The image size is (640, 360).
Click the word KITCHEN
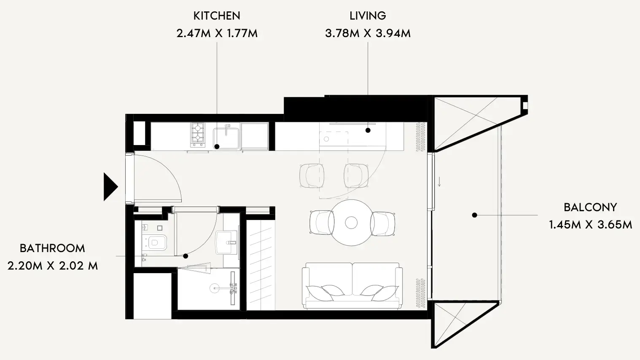(x=217, y=16)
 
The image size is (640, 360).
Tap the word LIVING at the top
(x=368, y=16)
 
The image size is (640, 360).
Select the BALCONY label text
(x=590, y=207)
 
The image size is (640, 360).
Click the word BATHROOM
(x=52, y=248)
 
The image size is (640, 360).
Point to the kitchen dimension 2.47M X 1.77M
(x=217, y=33)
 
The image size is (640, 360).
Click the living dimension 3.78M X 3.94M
(x=368, y=33)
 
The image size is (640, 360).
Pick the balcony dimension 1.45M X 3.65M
(x=590, y=225)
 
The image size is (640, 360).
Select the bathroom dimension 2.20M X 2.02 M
(x=53, y=266)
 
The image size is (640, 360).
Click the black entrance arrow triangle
(x=110, y=187)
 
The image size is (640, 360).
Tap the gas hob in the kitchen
(x=198, y=135)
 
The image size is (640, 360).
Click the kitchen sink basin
(x=226, y=139)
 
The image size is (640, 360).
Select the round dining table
(x=352, y=223)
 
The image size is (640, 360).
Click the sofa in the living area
(x=352, y=286)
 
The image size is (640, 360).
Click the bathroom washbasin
(x=226, y=242)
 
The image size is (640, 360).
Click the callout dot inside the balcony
(x=475, y=215)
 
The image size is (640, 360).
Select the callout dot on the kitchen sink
(x=217, y=147)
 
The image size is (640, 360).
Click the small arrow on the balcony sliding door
(x=439, y=182)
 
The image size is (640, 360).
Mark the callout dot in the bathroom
(x=186, y=256)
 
